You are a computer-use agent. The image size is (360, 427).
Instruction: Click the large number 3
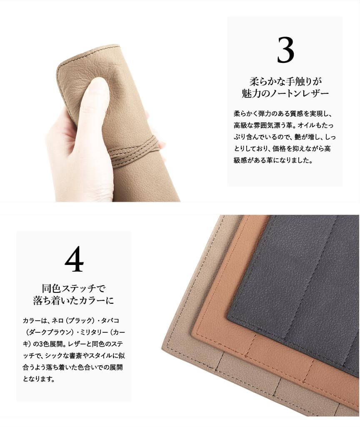(285, 50)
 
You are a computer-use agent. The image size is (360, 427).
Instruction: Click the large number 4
(74, 259)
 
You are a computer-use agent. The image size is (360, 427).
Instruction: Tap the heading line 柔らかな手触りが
(285, 81)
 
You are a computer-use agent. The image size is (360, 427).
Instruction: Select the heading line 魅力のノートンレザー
(285, 93)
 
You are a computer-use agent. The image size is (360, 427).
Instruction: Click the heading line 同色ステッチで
(73, 288)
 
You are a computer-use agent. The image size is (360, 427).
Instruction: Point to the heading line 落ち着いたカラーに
(73, 300)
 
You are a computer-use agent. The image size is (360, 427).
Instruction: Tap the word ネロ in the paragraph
(57, 320)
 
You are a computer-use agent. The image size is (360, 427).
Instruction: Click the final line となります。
(39, 379)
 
